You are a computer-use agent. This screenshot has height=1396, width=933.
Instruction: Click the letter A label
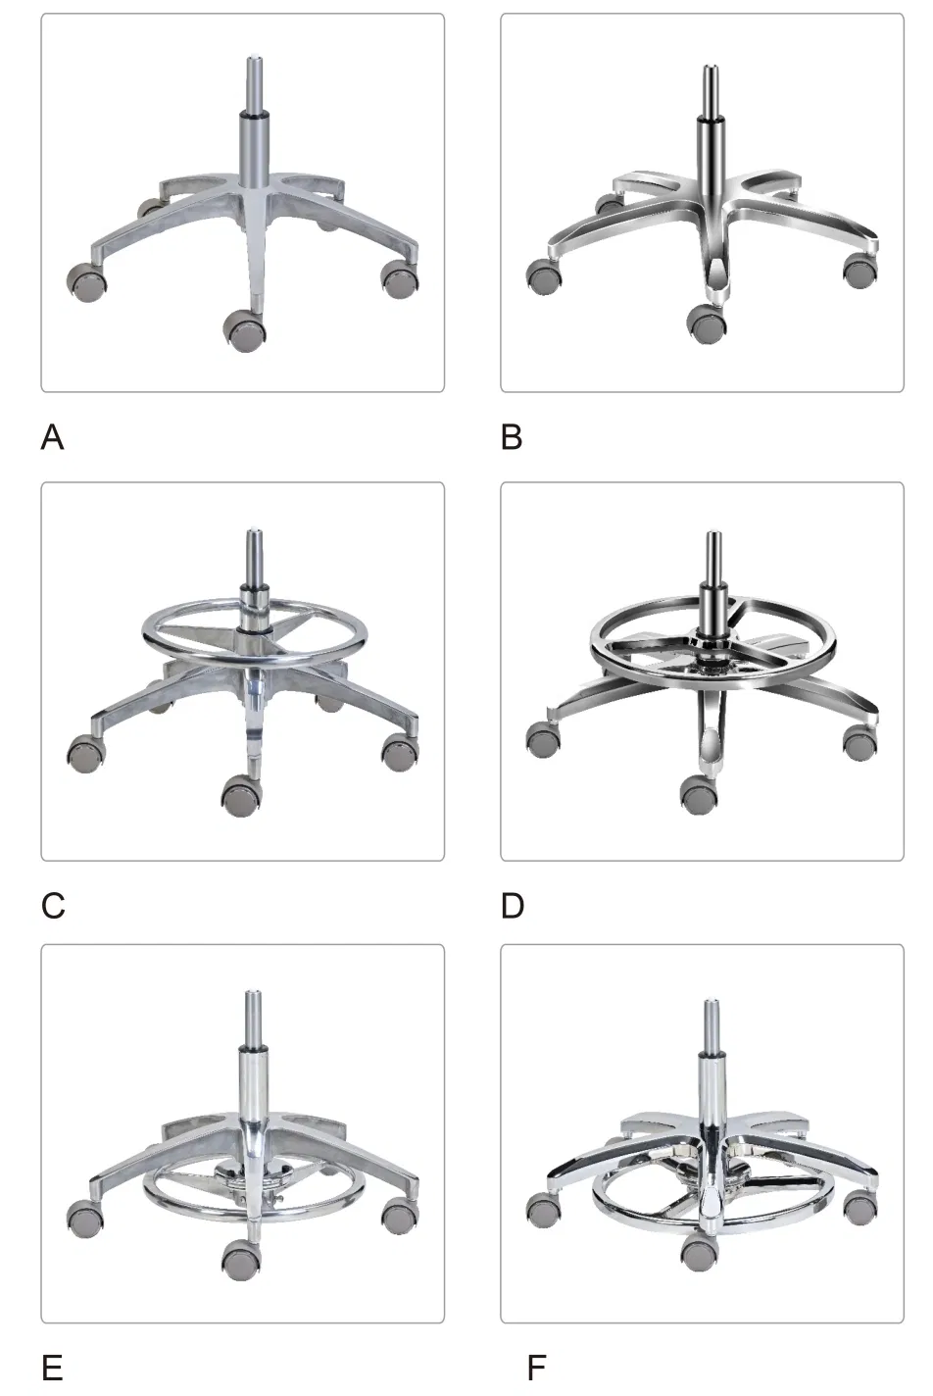coord(52,436)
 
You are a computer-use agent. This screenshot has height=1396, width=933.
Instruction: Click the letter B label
coord(511,436)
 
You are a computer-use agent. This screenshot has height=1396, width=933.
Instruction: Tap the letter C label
coord(53,905)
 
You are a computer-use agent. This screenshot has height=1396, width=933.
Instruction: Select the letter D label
coord(512,905)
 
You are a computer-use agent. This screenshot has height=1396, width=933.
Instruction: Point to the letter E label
coord(52,1368)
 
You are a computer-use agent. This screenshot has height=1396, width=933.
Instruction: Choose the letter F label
coord(535,1368)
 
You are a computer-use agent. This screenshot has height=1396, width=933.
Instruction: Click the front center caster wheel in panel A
coord(244,330)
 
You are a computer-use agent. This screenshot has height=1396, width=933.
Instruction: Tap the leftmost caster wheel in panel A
coord(88,282)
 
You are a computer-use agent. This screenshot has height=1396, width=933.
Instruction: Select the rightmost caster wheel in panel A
coord(400,280)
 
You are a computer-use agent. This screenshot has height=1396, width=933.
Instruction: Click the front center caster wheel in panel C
coord(242,796)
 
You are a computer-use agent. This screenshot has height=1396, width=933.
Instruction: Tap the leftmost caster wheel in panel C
coord(86,753)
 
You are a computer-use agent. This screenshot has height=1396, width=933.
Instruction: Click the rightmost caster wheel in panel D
coord(860,741)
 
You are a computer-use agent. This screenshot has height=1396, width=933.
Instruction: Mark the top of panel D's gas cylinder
coord(712,537)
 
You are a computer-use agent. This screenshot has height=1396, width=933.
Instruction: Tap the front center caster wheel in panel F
coord(700,1252)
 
